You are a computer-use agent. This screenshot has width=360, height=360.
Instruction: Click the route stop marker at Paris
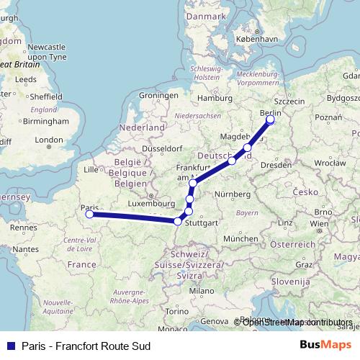(89, 214)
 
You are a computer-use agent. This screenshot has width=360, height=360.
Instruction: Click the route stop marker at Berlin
(271, 120)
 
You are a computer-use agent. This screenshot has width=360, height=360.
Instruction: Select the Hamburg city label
(214, 98)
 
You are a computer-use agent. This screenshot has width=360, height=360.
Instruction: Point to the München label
(240, 238)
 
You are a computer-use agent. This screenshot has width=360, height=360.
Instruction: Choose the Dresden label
(276, 165)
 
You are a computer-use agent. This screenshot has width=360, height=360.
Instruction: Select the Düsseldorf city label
(163, 148)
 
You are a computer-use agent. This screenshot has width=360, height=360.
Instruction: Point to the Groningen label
(158, 95)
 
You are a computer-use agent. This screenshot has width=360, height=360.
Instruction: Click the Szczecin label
(289, 102)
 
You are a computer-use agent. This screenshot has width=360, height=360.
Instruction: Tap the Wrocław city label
(330, 163)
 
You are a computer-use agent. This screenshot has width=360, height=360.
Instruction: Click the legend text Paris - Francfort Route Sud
(86, 346)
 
